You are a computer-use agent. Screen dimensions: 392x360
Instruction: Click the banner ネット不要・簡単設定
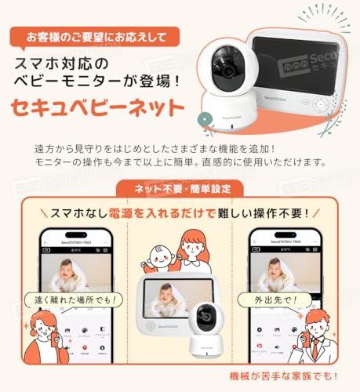coord(180,189)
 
